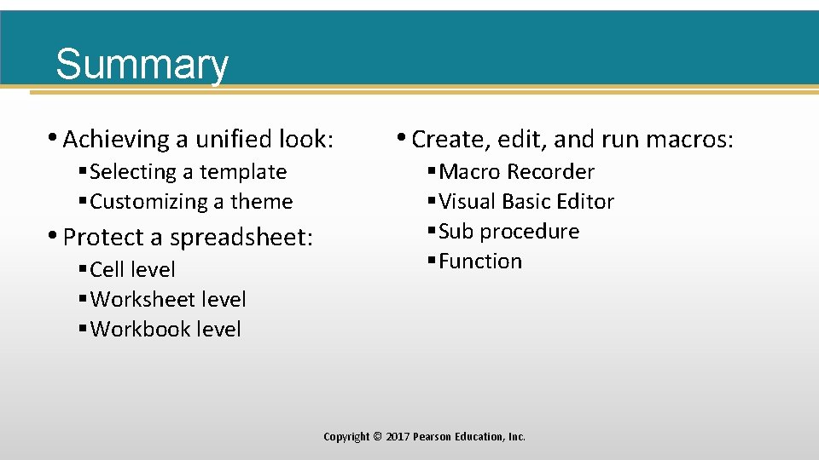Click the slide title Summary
(142, 65)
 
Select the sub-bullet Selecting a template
(188, 172)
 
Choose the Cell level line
(132, 270)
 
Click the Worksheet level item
(168, 300)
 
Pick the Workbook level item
(166, 330)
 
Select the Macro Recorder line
(516, 172)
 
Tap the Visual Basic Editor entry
(526, 202)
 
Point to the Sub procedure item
(508, 232)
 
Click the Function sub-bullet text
(480, 262)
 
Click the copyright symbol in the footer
(377, 437)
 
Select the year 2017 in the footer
(398, 437)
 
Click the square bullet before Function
(432, 262)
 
